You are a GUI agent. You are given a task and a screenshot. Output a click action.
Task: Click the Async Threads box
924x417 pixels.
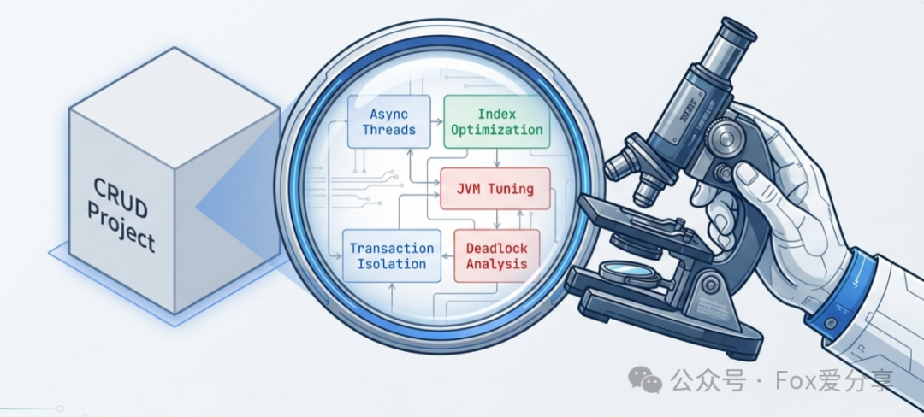[x=388, y=121]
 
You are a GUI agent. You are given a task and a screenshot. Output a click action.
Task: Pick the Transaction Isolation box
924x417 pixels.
[x=392, y=255]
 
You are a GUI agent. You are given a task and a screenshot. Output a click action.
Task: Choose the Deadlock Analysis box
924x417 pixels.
[x=496, y=255]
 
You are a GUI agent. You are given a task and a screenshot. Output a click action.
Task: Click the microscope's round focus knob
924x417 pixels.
[x=726, y=137]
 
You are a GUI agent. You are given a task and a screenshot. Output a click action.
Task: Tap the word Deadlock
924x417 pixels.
[x=496, y=248]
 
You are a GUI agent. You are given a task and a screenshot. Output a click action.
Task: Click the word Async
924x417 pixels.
[x=388, y=114]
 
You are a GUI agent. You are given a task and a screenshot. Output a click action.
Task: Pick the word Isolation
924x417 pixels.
[x=392, y=263]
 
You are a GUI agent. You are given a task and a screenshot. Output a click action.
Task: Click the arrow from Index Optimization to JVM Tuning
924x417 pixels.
[x=498, y=156]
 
